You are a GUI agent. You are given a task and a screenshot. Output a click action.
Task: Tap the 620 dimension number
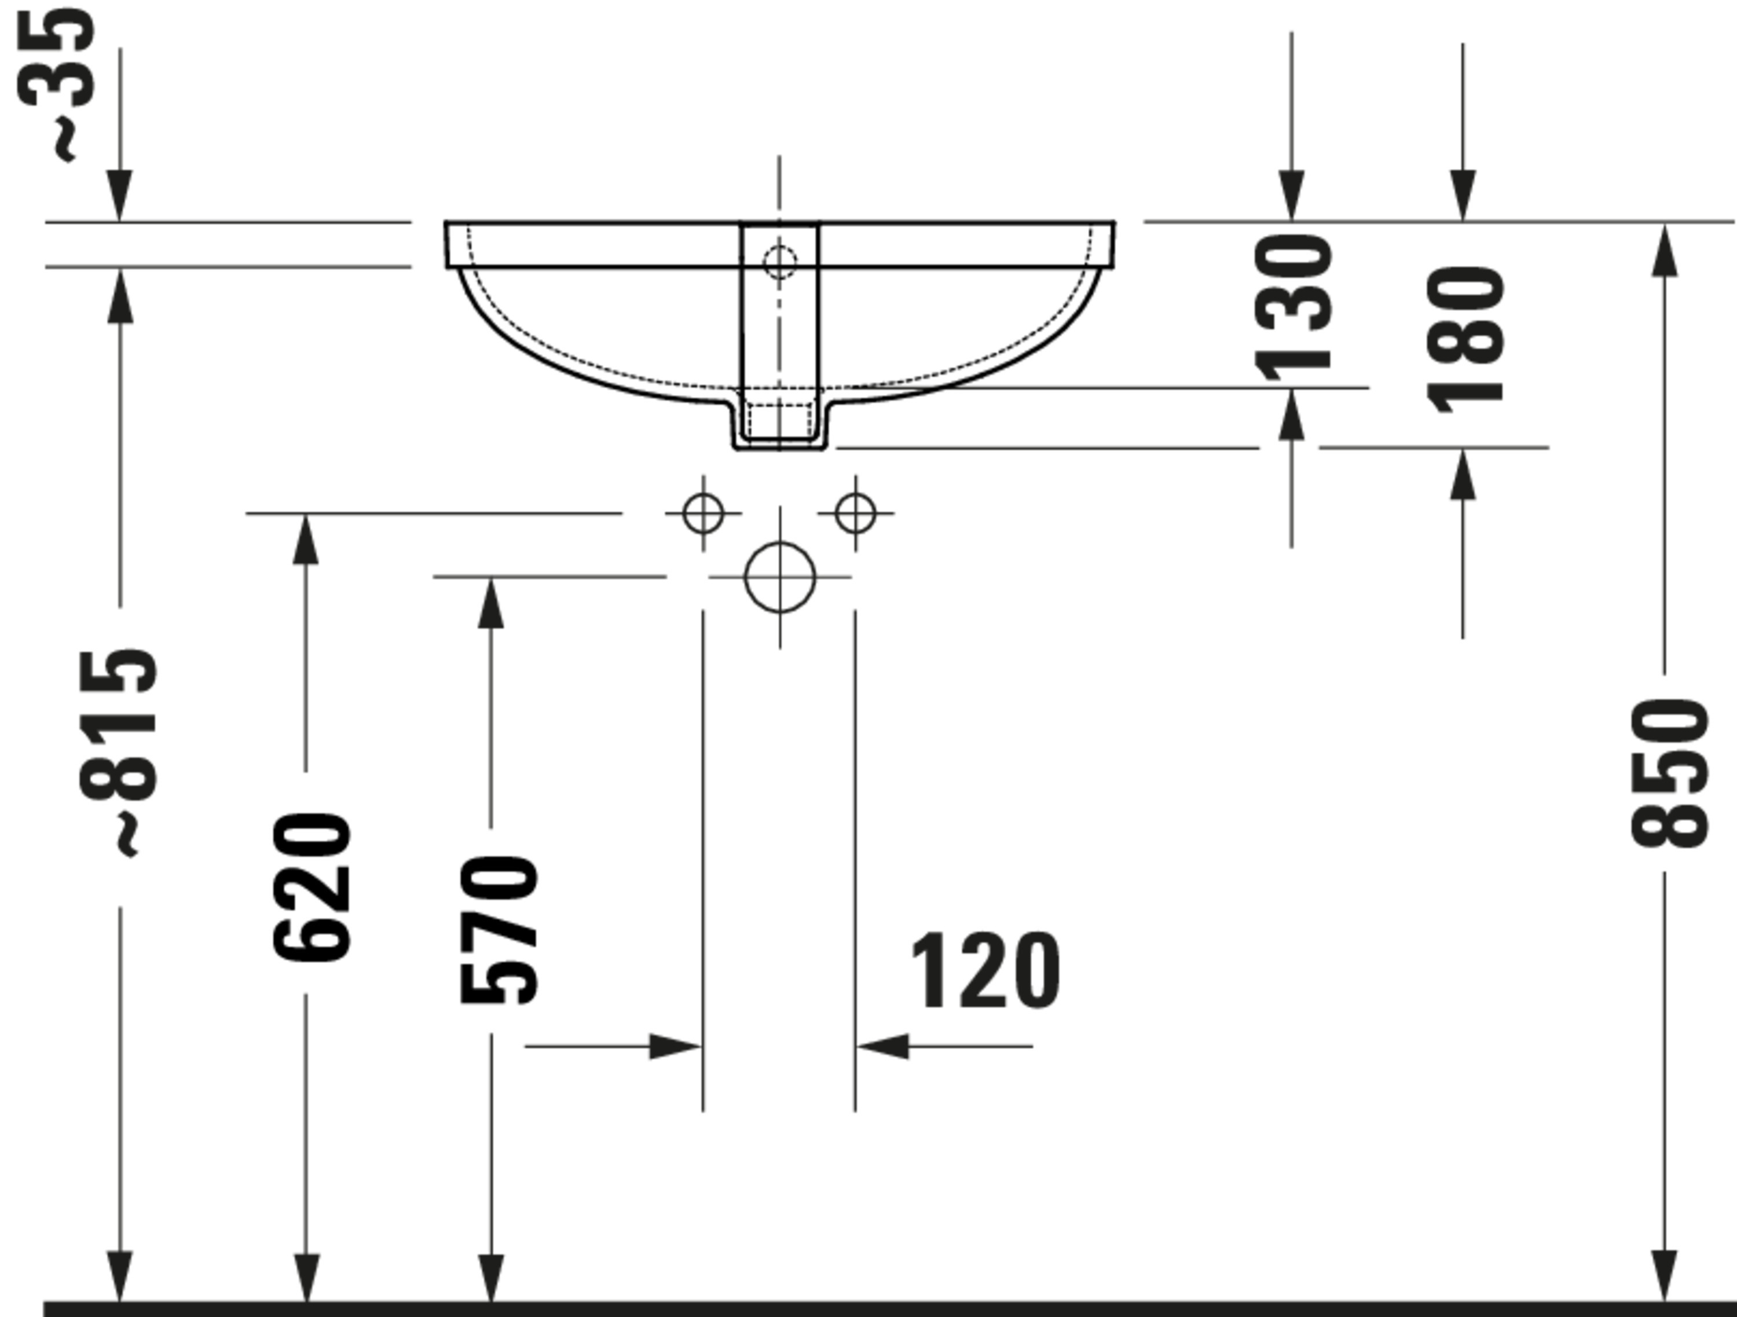click(x=312, y=887)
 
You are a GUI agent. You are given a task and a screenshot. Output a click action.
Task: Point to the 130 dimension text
click(x=1292, y=307)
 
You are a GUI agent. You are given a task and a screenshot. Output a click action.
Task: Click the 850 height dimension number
click(x=1669, y=773)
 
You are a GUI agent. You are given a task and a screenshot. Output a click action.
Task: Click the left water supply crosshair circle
click(x=703, y=513)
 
